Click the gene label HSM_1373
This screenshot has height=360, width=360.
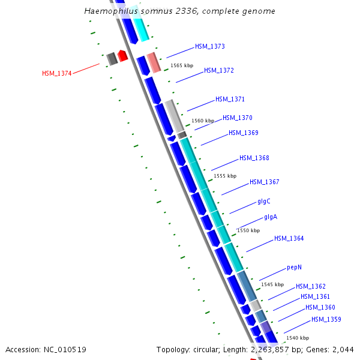tap(210, 46)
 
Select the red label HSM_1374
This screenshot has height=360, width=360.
tap(57, 73)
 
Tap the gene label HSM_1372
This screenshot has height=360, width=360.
tap(219, 70)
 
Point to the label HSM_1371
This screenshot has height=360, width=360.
tap(230, 99)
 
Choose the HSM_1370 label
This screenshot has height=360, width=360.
tap(238, 118)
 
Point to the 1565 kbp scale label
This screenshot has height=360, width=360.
tap(182, 65)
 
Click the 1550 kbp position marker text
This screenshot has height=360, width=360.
tap(248, 230)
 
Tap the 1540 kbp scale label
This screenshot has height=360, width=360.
tap(298, 338)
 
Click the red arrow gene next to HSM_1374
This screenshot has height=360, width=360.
tap(122, 56)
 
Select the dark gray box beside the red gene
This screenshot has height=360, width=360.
tap(112, 59)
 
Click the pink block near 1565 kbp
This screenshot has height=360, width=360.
tap(154, 62)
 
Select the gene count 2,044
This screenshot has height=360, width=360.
tap(343, 349)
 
